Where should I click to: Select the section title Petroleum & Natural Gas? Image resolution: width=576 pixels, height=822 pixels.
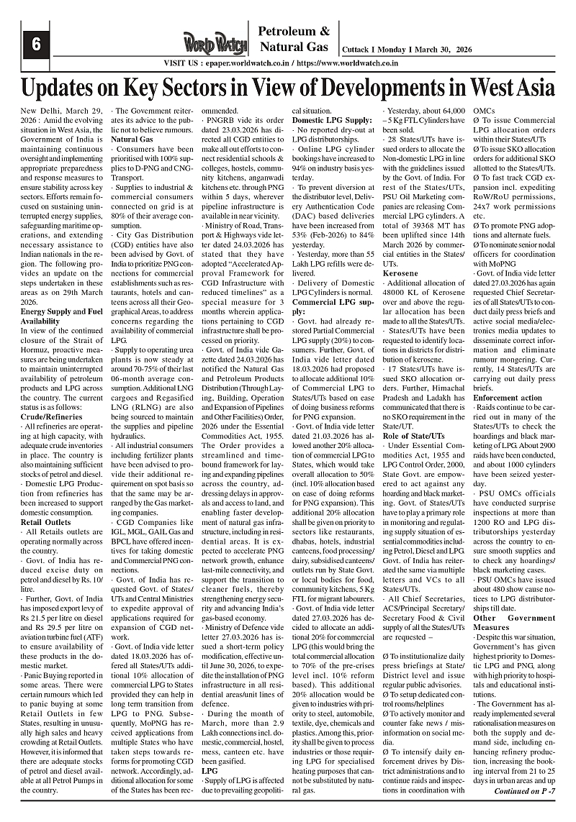[x=294, y=40]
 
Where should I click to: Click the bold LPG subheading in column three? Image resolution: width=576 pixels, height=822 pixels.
[x=210, y=770]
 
